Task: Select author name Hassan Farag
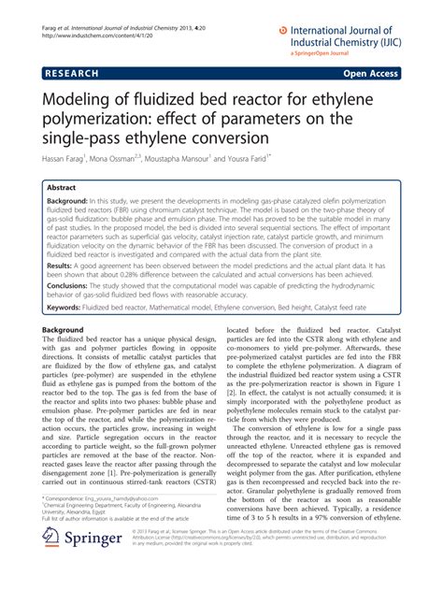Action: (72, 160)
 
